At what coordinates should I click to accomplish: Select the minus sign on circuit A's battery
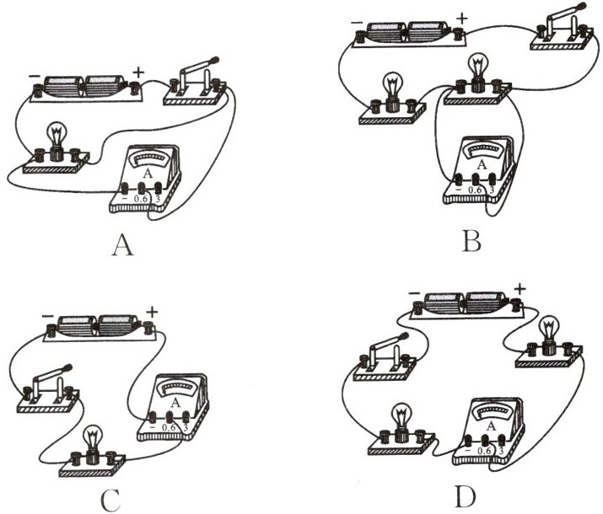(x=33, y=73)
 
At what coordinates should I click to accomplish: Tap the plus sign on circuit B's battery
(x=460, y=16)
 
